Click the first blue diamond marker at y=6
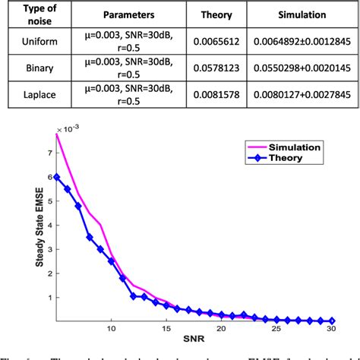tap(57, 177)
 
